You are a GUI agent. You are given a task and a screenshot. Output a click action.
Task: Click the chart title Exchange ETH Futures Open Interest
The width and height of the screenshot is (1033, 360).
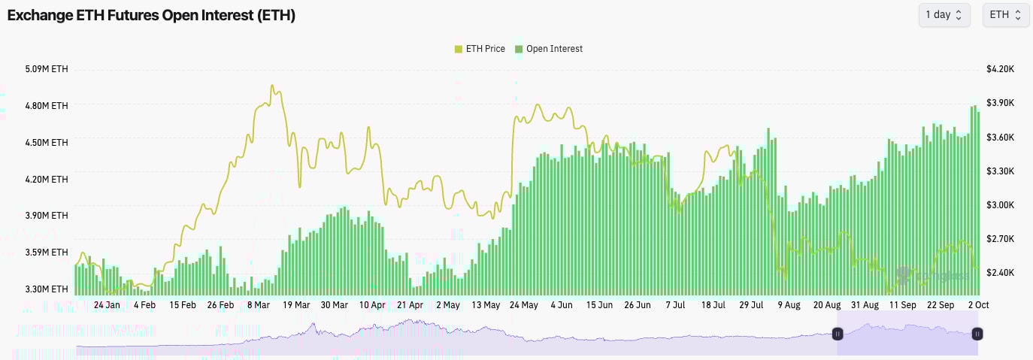point(151,15)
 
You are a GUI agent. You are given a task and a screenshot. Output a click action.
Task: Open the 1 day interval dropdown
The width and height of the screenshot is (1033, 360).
point(944,15)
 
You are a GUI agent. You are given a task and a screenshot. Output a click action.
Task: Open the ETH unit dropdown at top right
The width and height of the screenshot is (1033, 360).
point(1005,15)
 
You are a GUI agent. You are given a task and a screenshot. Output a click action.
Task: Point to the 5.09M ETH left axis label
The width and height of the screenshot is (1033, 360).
point(47,69)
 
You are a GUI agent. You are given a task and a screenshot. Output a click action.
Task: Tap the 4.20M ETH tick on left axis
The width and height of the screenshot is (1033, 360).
point(47,180)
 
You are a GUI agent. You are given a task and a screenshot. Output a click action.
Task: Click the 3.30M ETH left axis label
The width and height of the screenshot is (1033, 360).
point(47,289)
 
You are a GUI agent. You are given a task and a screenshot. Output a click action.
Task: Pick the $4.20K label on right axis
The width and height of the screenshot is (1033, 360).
point(1000,69)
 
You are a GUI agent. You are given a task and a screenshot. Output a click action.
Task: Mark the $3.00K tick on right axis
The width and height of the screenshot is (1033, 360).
point(1000,205)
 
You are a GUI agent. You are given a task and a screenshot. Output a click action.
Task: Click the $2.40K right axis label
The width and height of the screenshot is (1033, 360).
point(1000,273)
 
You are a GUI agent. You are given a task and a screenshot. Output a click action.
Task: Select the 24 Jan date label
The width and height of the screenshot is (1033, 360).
point(107,305)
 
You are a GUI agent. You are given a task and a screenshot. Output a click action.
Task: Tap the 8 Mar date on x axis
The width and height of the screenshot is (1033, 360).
point(258,305)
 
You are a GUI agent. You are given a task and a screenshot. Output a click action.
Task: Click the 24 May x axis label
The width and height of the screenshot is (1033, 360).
point(523,305)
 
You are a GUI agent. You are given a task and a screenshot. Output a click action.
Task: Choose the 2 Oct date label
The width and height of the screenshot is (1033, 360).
point(977,305)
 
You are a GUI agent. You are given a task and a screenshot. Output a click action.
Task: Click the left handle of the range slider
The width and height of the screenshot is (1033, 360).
point(838,334)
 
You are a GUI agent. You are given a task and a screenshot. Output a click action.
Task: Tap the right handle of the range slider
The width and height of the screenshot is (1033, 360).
point(977,334)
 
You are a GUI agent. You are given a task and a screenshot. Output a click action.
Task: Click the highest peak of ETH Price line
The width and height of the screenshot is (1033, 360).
point(271,86)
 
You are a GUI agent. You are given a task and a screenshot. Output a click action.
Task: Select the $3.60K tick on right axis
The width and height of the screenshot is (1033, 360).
point(1000,138)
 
